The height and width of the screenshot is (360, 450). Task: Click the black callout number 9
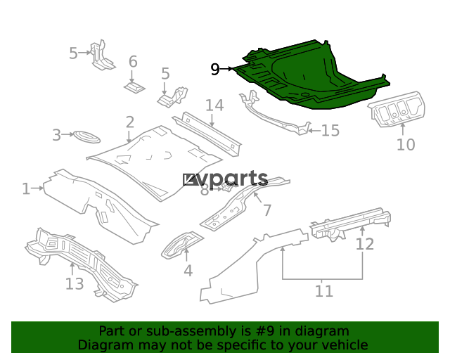click(215, 69)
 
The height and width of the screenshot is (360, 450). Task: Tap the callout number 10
click(406, 144)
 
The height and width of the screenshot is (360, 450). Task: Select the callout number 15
click(330, 130)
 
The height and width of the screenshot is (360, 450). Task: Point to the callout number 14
click(214, 105)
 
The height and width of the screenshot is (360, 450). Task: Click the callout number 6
click(133, 61)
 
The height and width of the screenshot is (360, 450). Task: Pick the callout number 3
click(56, 135)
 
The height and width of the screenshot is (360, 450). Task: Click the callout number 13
click(75, 283)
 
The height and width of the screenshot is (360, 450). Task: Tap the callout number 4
click(188, 271)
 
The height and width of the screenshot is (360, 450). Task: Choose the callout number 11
click(324, 291)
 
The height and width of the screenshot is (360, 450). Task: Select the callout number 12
click(365, 244)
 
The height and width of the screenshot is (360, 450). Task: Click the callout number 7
click(267, 210)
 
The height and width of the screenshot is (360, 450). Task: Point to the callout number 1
click(26, 189)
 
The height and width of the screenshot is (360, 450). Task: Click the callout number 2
click(129, 122)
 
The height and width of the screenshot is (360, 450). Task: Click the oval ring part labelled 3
click(86, 137)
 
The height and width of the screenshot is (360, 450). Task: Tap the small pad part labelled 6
click(134, 88)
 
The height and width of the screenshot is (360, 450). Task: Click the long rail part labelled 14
click(207, 134)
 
